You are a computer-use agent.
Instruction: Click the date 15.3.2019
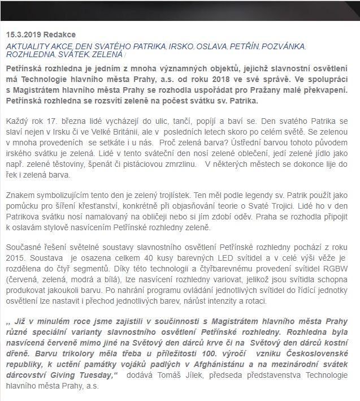pyautogui.click(x=24, y=35)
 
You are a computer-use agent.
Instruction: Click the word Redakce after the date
pyautogui.click(x=59, y=35)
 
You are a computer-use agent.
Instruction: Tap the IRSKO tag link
pyautogui.click(x=179, y=46)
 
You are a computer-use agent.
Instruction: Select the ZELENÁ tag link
pyautogui.click(x=106, y=55)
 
